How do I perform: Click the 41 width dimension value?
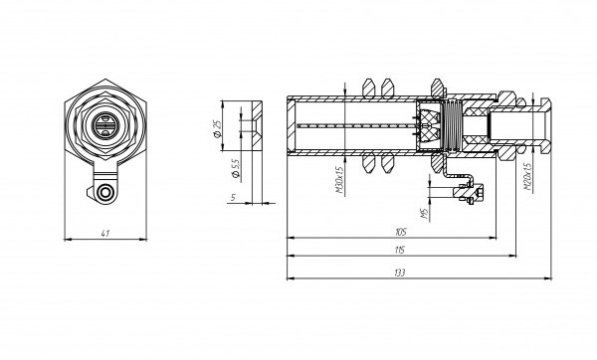tap(105, 234)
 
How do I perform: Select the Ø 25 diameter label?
tap(217, 128)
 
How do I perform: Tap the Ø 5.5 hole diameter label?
tap(236, 169)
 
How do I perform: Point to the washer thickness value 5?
tap(234, 198)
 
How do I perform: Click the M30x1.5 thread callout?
tap(339, 179)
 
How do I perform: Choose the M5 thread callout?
tap(425, 214)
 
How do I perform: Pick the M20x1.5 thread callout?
tap(527, 177)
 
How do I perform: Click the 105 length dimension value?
tap(401, 232)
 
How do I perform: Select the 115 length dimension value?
tap(400, 250)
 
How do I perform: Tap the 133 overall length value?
tap(400, 272)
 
